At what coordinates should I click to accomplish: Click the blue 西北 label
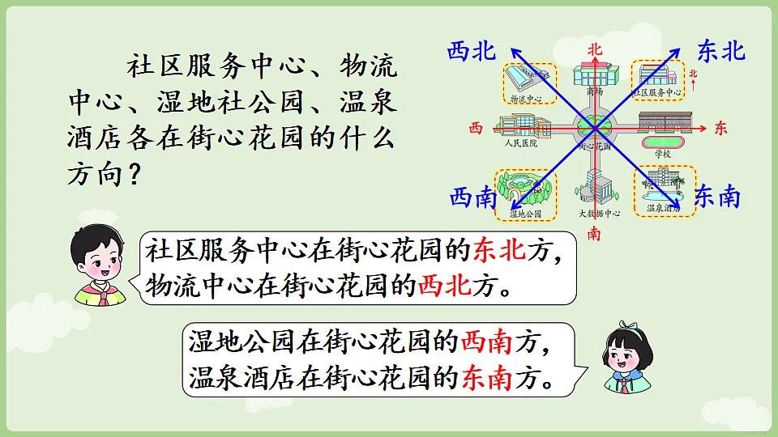[471, 52]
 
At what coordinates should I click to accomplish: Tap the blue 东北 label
[720, 52]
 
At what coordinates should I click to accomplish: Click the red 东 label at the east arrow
[722, 128]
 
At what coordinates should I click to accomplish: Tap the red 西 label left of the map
[476, 128]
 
